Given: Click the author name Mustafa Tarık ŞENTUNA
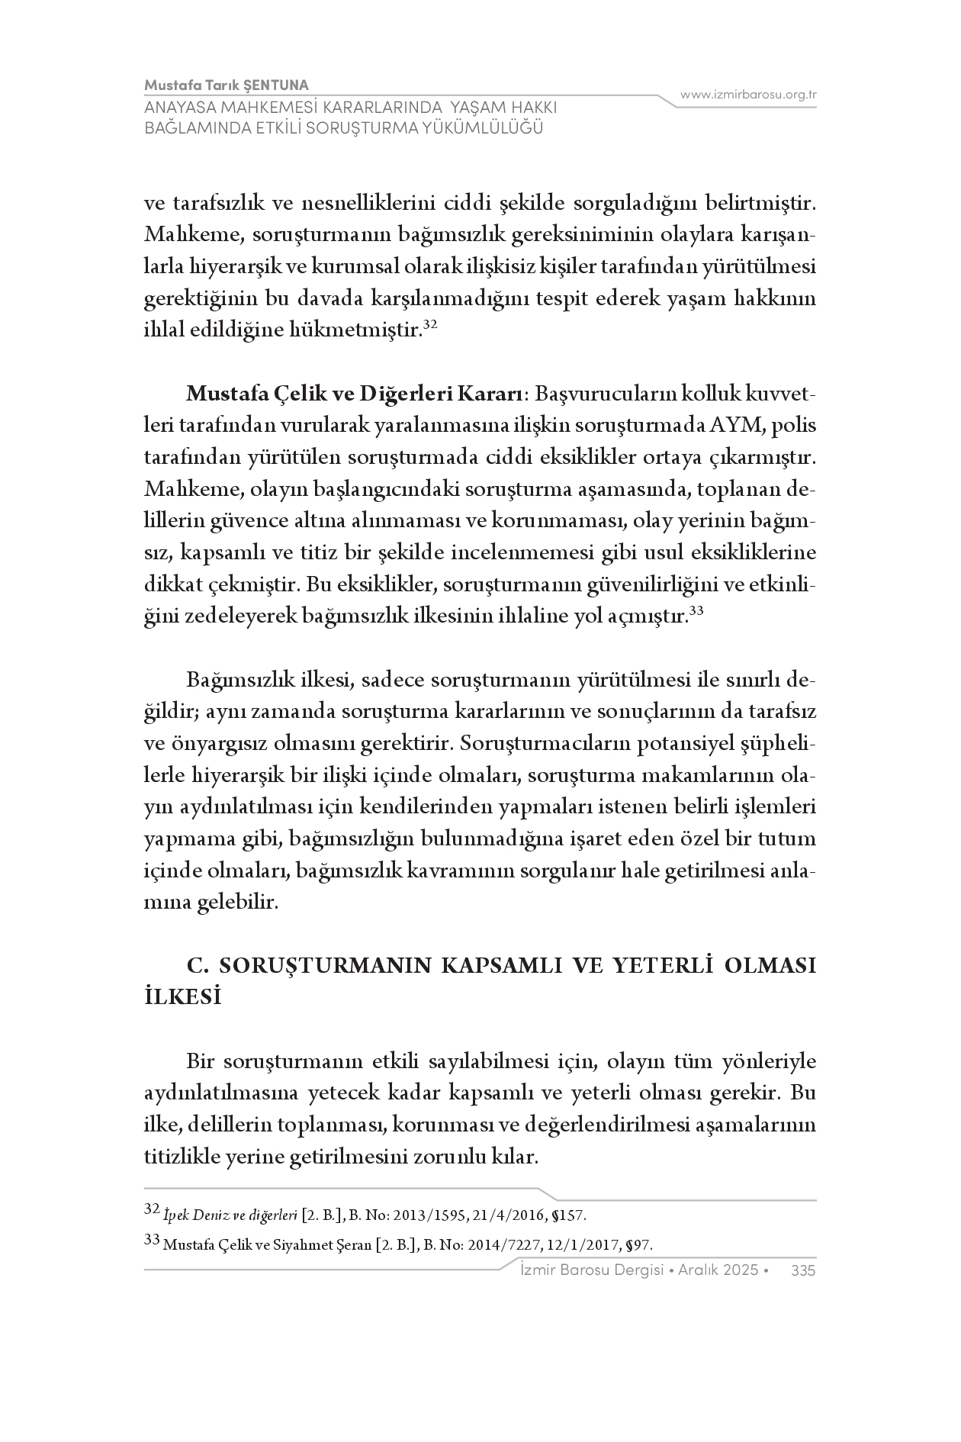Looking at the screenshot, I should (227, 85).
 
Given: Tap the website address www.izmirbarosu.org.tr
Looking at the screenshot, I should (748, 95).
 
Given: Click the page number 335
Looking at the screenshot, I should (804, 1270).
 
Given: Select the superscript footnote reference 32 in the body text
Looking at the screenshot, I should (429, 325).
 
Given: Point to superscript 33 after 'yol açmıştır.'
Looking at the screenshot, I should (695, 611).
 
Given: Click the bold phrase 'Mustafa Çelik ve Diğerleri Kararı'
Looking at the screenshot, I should (355, 394).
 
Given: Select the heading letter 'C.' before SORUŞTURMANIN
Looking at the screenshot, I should (198, 966).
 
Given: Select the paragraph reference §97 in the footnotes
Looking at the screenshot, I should (639, 1246).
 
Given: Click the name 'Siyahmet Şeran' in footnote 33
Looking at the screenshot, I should (323, 1246).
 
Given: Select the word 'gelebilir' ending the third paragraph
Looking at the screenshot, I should (237, 903).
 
